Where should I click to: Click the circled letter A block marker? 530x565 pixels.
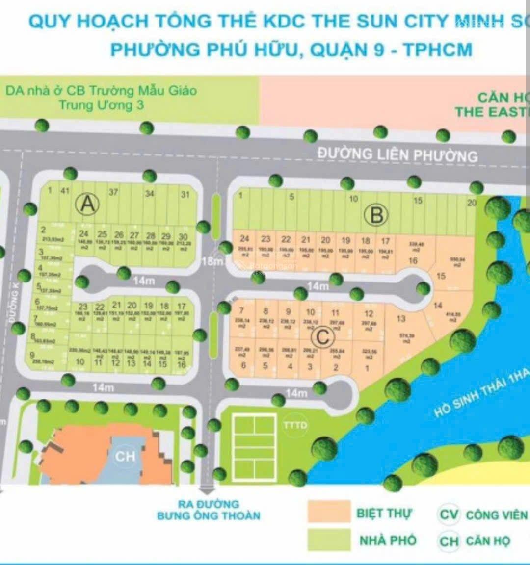(88, 203)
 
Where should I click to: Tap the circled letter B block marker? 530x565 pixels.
(376, 215)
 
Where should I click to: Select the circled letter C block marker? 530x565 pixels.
(323, 337)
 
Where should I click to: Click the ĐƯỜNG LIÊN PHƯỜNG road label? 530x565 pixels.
(397, 154)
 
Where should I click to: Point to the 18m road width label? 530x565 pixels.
(212, 262)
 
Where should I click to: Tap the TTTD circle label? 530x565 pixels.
(295, 425)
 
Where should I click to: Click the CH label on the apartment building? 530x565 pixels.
(125, 457)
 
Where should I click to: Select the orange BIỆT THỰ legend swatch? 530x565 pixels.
(329, 512)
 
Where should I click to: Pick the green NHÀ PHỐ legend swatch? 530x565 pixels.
(329, 539)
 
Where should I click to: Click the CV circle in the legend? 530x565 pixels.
(449, 514)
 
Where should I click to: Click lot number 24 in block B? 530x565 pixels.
(244, 239)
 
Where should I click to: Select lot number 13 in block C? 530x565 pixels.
(401, 319)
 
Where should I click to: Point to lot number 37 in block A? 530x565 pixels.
(113, 192)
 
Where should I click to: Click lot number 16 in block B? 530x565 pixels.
(413, 260)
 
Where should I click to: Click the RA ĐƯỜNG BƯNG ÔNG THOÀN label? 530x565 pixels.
(209, 510)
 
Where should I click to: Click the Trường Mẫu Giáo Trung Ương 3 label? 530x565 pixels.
(101, 97)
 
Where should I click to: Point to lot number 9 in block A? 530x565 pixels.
(32, 355)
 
